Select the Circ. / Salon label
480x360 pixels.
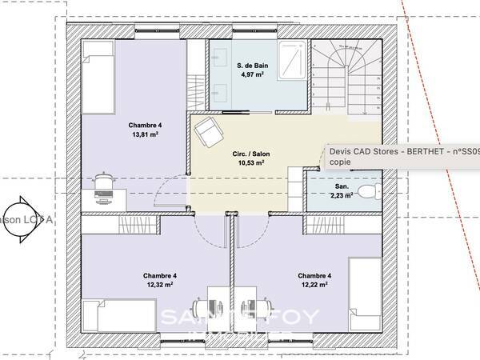[x=251, y=152]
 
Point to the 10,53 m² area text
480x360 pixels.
[x=251, y=162]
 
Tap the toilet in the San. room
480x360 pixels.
[x=367, y=191]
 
